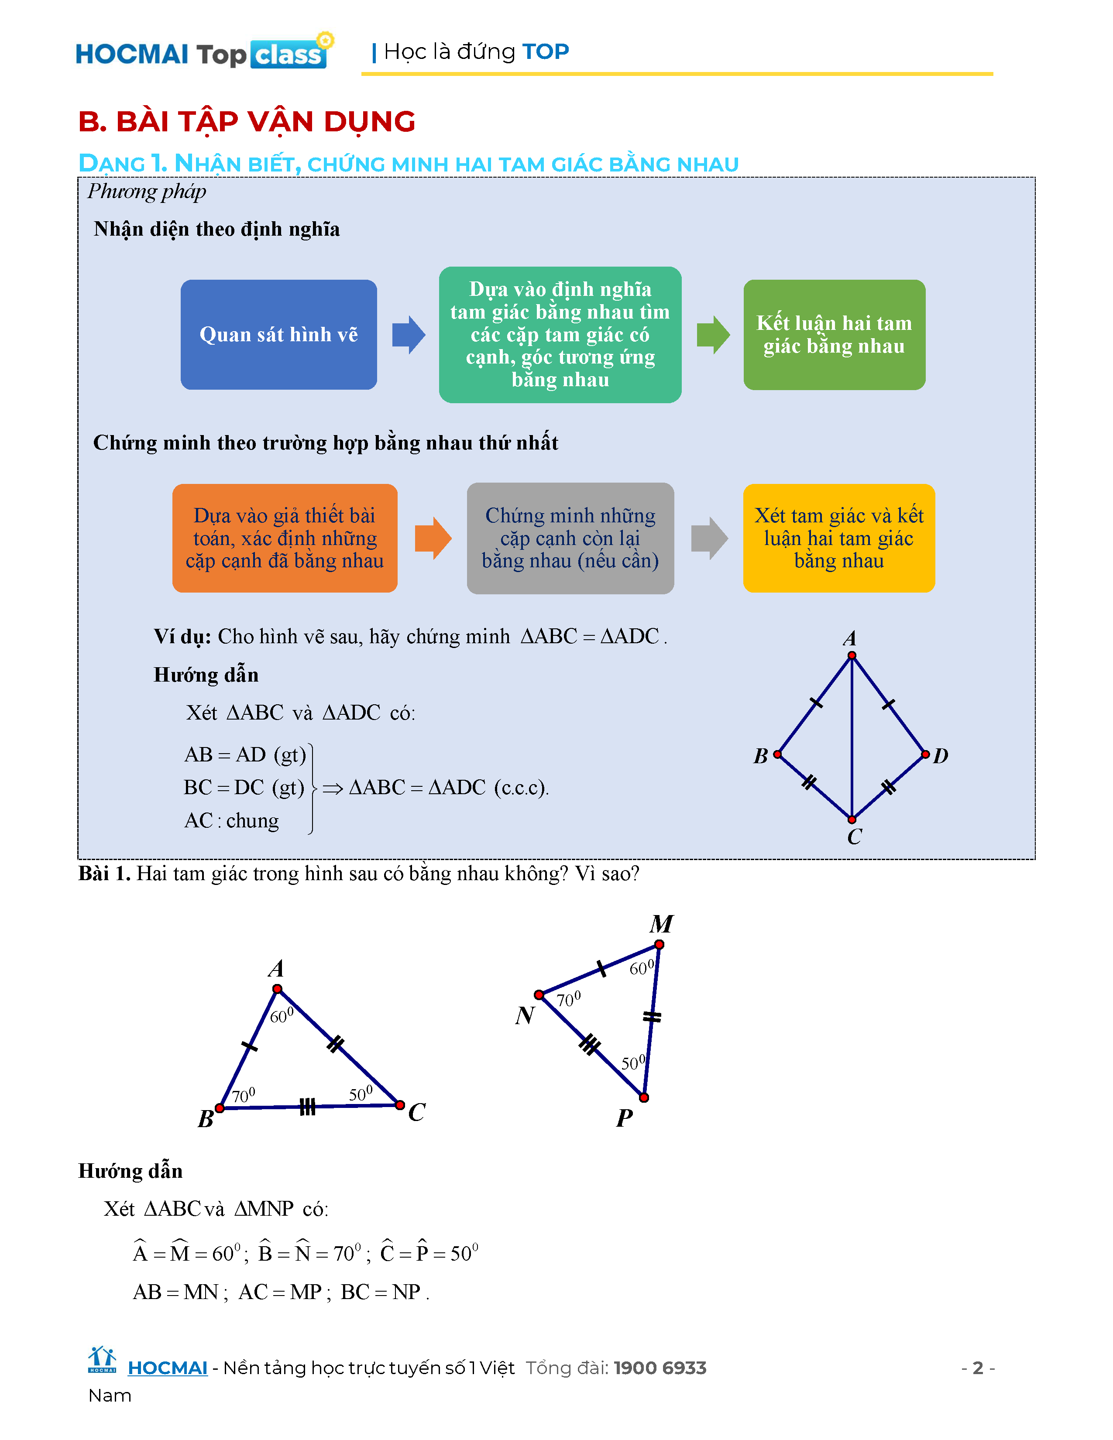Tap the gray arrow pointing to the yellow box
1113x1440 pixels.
click(709, 538)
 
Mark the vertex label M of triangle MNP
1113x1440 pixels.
click(661, 924)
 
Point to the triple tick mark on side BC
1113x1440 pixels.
click(307, 1106)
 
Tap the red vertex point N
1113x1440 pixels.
click(539, 994)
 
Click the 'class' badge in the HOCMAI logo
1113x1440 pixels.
click(288, 55)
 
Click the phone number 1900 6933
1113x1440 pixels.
click(660, 1368)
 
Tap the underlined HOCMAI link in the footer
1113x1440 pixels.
click(168, 1368)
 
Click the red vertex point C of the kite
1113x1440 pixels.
click(852, 819)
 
